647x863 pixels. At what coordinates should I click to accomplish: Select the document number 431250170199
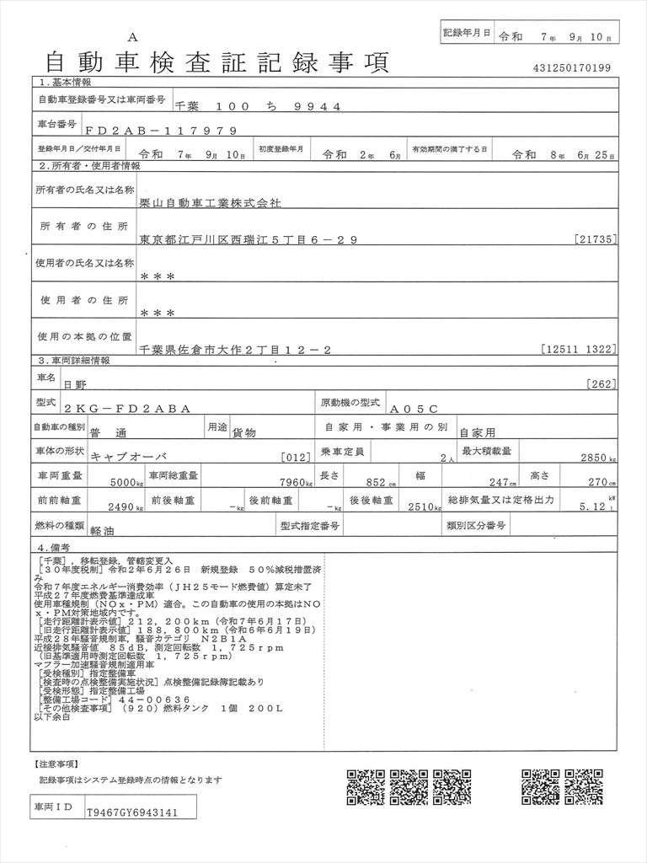pos(572,67)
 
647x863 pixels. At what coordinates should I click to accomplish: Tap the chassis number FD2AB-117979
pos(155,131)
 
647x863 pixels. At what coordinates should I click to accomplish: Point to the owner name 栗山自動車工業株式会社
pos(211,203)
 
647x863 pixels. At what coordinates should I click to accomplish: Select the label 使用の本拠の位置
pos(83,336)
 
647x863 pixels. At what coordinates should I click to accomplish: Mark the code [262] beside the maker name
pos(602,384)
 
